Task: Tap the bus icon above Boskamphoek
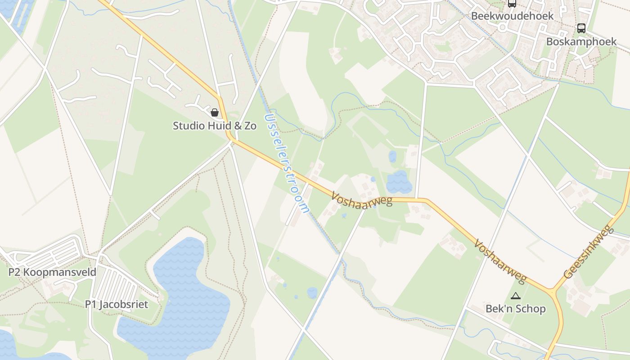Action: [581, 28]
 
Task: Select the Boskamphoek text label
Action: [581, 42]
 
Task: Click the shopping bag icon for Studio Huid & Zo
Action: [215, 112]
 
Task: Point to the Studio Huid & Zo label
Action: [215, 126]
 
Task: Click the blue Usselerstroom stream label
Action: [287, 162]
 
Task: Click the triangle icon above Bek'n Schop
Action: [516, 296]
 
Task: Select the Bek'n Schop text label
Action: [516, 309]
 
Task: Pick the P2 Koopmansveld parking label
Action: [53, 272]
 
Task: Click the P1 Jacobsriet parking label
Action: [117, 305]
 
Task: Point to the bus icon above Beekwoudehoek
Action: [512, 4]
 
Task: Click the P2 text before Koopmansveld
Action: [14, 272]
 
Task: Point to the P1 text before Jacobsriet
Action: [91, 305]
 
